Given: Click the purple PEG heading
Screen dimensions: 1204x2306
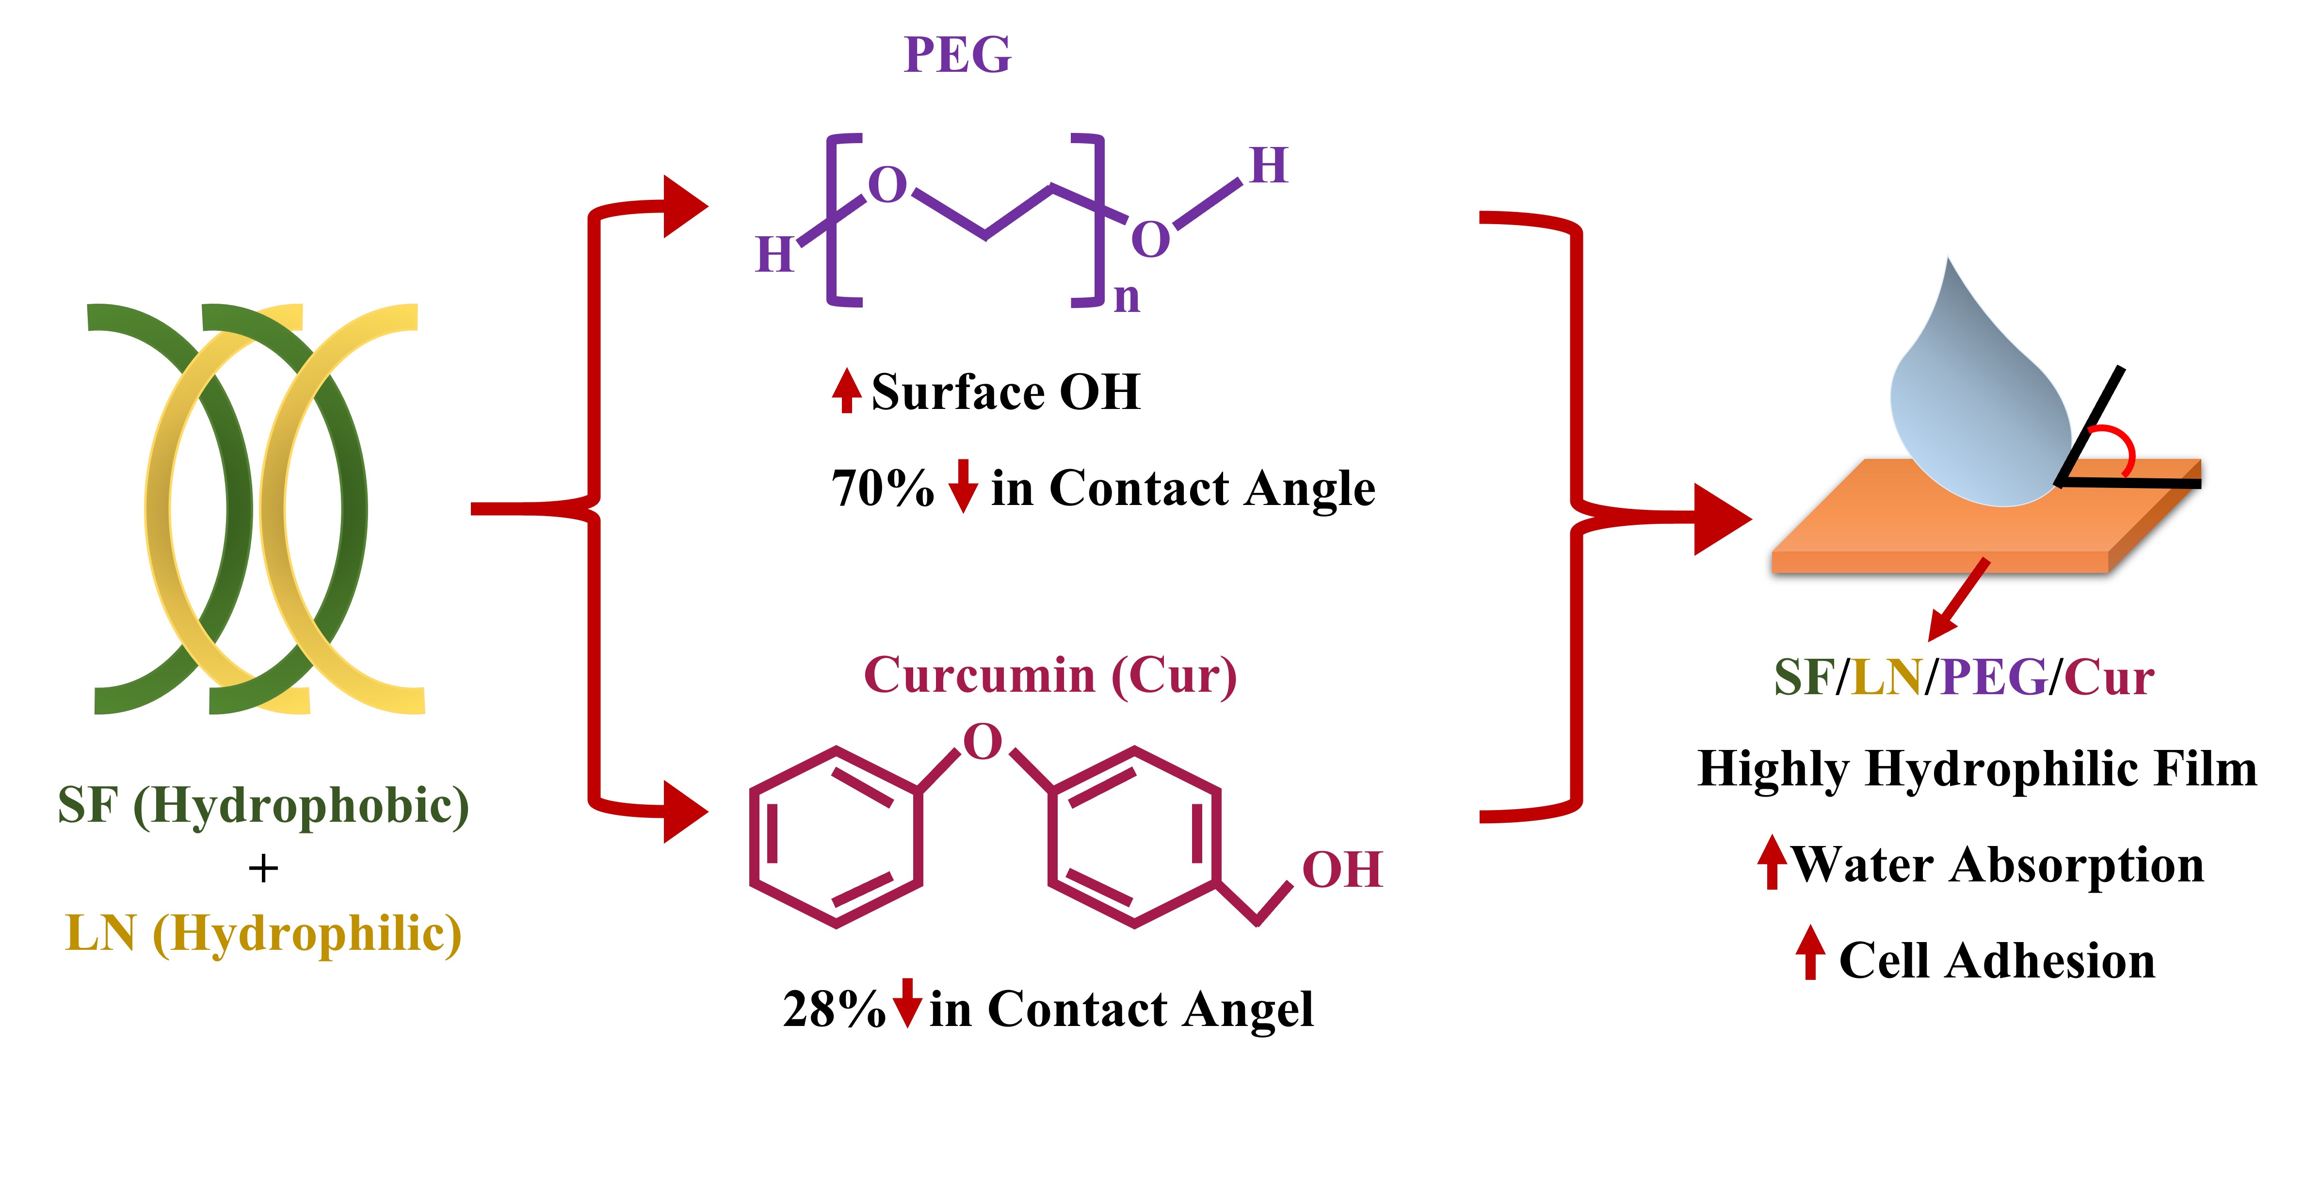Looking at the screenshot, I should [x=957, y=55].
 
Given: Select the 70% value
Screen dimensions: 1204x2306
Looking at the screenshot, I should [x=882, y=489].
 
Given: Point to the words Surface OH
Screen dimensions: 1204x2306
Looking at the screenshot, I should [x=1005, y=392].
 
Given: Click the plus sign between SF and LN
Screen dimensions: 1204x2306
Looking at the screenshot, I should [x=263, y=868].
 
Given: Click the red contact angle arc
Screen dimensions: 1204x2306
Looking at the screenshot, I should [x=2117, y=448].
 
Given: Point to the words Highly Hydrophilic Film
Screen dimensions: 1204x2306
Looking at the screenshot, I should [x=1977, y=769].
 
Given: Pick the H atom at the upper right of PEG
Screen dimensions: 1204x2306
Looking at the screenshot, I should [x=1269, y=166].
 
